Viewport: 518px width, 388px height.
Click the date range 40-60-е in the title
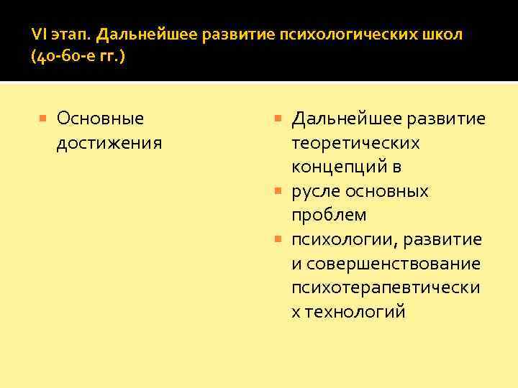pyautogui.click(x=67, y=57)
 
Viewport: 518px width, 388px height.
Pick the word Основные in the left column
pyautogui.click(x=100, y=118)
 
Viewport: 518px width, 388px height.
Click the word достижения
pyautogui.click(x=109, y=142)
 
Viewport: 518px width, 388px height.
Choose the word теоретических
pyautogui.click(x=355, y=143)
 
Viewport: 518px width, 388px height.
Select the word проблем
pyautogui.click(x=329, y=215)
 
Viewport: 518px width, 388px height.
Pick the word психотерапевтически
pyautogui.click(x=386, y=287)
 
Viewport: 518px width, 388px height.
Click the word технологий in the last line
pyautogui.click(x=355, y=312)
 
